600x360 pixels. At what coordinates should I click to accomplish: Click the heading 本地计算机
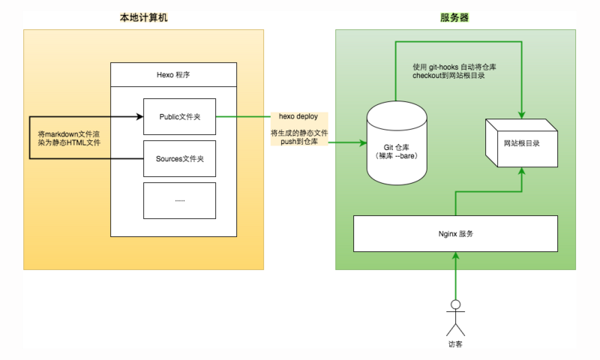(x=142, y=17)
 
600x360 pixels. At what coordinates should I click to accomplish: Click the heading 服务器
(x=454, y=17)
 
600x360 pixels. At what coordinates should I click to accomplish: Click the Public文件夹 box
(x=179, y=117)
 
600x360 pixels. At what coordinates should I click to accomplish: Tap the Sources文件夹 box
(x=179, y=159)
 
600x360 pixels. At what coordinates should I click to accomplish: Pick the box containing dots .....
(x=179, y=200)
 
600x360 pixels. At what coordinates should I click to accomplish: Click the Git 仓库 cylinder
(x=397, y=142)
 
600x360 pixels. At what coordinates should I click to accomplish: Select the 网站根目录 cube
(x=521, y=142)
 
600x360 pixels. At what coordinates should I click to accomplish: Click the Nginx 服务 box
(x=455, y=234)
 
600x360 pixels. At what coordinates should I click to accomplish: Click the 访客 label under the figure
(x=454, y=346)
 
